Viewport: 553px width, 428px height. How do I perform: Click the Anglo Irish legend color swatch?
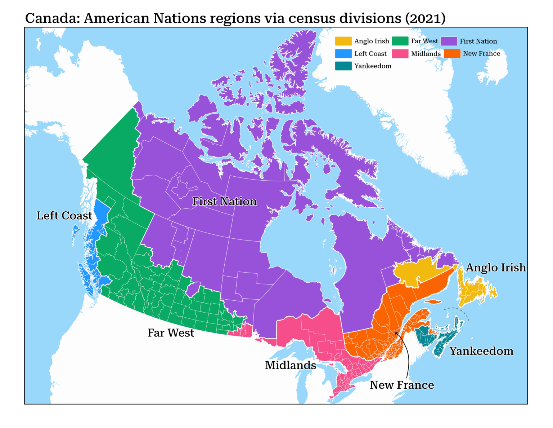(x=343, y=41)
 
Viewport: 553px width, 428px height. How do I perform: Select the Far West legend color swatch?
(x=400, y=41)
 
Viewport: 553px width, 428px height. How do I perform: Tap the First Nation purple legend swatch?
(x=449, y=41)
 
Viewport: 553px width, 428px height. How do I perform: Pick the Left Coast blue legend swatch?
(x=343, y=54)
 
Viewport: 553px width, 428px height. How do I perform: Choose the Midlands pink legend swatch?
(x=400, y=54)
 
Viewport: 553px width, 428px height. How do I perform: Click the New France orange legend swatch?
(x=452, y=54)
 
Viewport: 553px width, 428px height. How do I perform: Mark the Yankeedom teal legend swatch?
(x=343, y=66)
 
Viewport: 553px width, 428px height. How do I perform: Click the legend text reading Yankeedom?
(x=373, y=66)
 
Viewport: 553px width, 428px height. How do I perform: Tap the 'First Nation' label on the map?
(x=224, y=201)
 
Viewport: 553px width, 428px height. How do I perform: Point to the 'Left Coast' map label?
(x=64, y=216)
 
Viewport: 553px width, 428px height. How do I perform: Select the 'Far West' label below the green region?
(x=171, y=333)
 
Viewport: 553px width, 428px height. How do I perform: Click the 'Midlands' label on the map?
(x=290, y=365)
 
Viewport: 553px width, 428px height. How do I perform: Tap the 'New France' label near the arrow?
(x=402, y=385)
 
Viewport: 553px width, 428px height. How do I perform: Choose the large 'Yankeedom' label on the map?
(x=481, y=351)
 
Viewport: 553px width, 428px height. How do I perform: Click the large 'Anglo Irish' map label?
(x=496, y=268)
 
